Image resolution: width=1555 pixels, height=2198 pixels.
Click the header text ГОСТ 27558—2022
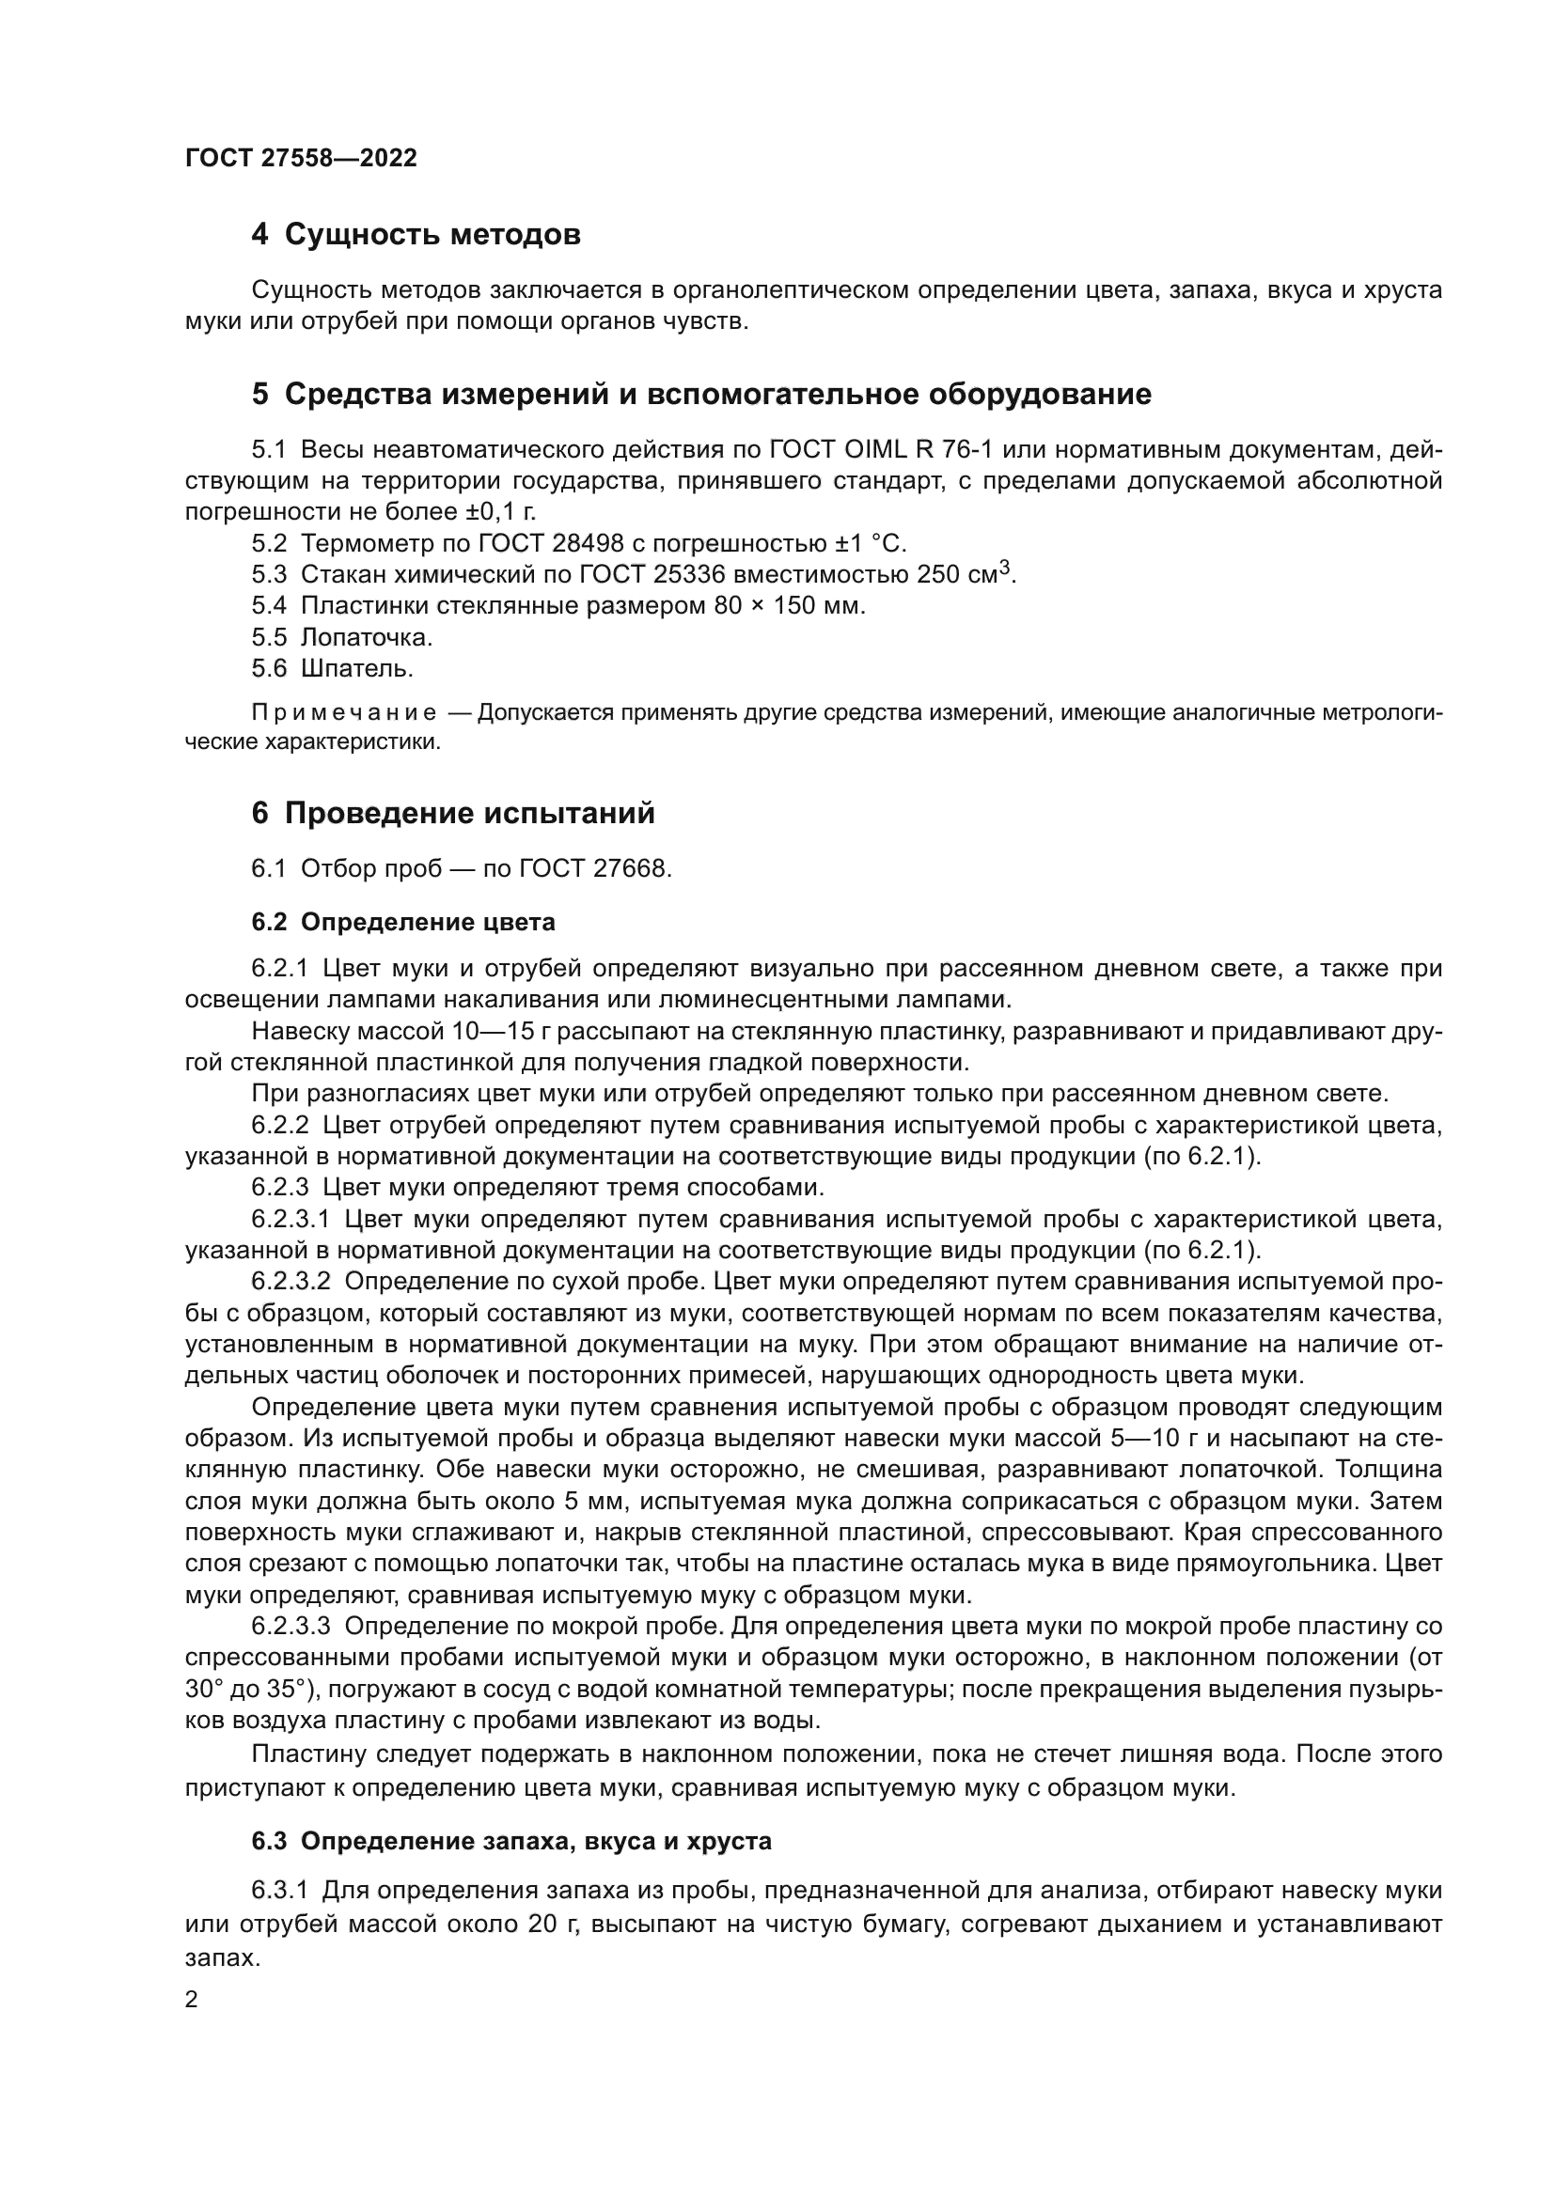pyautogui.click(x=301, y=158)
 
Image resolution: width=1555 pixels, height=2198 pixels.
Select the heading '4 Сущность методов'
pyautogui.click(x=416, y=235)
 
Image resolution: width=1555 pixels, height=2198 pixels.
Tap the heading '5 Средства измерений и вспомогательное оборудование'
pyautogui.click(x=701, y=395)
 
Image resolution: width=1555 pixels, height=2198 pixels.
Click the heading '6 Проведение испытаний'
pyautogui.click(x=453, y=814)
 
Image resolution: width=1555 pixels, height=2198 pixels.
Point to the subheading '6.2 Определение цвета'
pyautogui.click(x=403, y=922)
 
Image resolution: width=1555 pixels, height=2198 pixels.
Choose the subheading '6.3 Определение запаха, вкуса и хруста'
pyautogui.click(x=511, y=1841)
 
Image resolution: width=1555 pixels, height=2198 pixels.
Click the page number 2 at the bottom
pyautogui.click(x=192, y=2000)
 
